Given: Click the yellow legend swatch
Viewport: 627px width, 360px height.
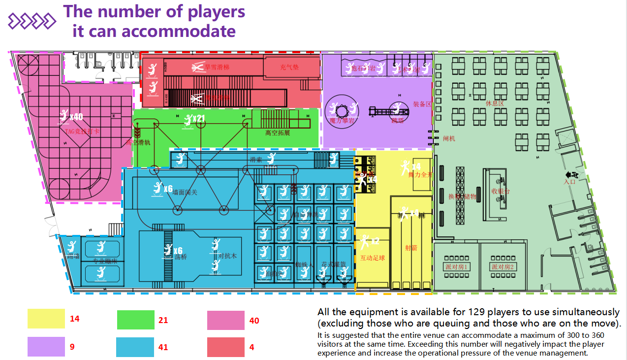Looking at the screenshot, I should [46, 319].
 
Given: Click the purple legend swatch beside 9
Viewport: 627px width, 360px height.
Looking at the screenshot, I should [46, 346].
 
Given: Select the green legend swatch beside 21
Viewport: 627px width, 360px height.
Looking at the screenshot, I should [135, 320].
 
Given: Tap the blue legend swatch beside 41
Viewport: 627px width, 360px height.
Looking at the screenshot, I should [135, 347].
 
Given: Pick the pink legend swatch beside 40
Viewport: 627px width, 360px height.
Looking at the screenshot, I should [225, 320].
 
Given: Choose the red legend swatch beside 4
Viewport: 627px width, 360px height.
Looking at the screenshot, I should [225, 347].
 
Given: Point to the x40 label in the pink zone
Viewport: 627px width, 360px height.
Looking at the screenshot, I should [76, 117].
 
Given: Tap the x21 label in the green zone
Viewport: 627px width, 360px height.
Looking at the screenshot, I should [198, 119].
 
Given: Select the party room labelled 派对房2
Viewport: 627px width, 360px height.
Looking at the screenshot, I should [502, 266].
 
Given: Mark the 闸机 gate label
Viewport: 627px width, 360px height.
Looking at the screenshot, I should [449, 138].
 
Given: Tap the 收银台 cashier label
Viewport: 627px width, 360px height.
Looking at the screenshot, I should [501, 191].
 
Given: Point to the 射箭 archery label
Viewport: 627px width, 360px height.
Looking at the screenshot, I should [411, 248].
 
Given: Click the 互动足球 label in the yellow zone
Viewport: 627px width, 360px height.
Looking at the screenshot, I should [372, 258].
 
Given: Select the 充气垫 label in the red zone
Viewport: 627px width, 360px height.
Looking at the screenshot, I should [289, 67].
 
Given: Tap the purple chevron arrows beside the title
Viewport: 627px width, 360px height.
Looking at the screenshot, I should [32, 21].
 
